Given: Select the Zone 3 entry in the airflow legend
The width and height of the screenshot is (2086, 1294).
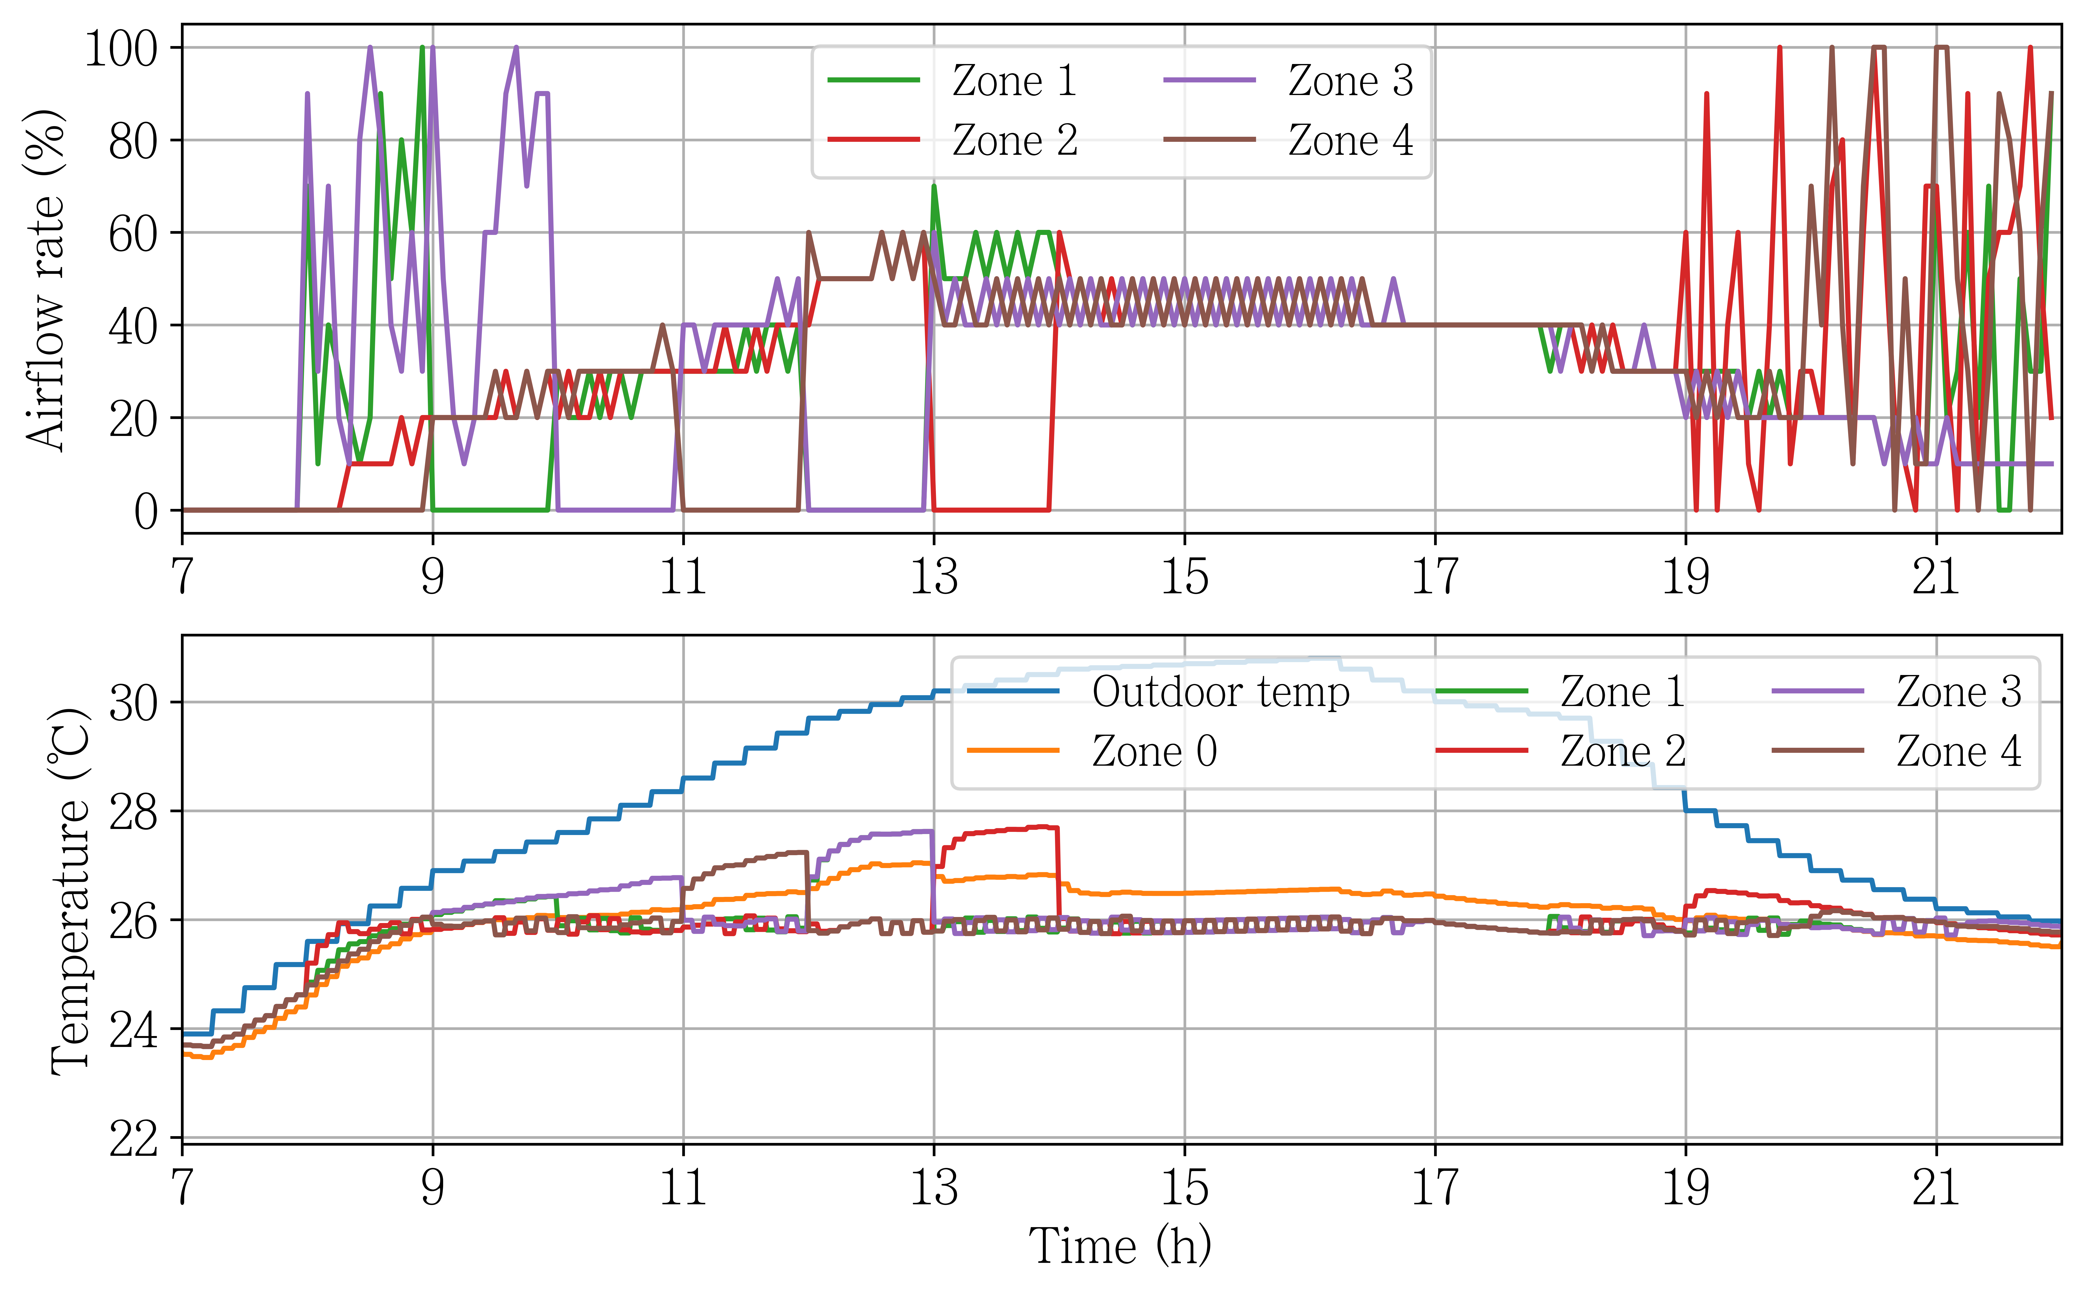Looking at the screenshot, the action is tap(1288, 81).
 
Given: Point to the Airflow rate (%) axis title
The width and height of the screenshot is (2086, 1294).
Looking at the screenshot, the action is tap(45, 279).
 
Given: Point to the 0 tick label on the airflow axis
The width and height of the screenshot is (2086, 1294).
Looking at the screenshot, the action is tap(146, 511).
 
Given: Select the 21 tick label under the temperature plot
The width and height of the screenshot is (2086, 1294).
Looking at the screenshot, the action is tap(1936, 1187).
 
